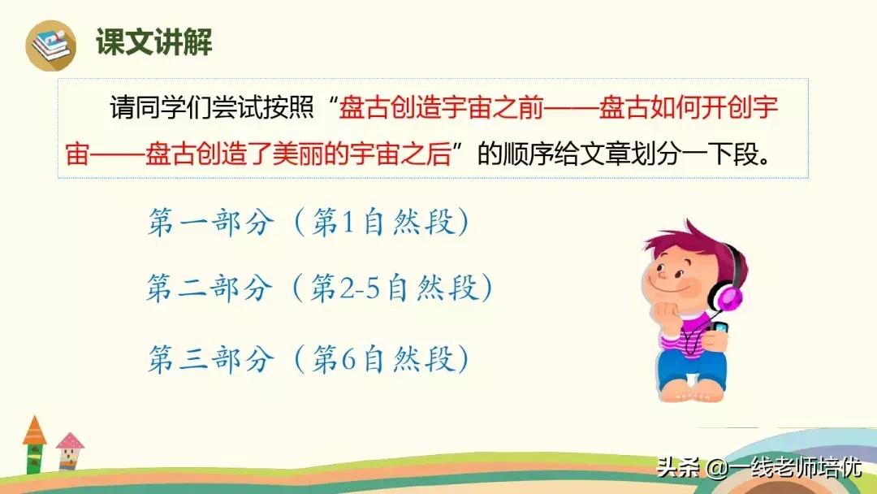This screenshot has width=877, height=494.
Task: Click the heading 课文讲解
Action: tap(154, 41)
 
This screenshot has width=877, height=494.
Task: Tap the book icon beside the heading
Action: tap(50, 44)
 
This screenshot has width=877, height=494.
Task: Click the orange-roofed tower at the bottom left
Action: tap(34, 444)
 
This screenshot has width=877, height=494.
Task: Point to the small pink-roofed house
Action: tap(70, 452)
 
